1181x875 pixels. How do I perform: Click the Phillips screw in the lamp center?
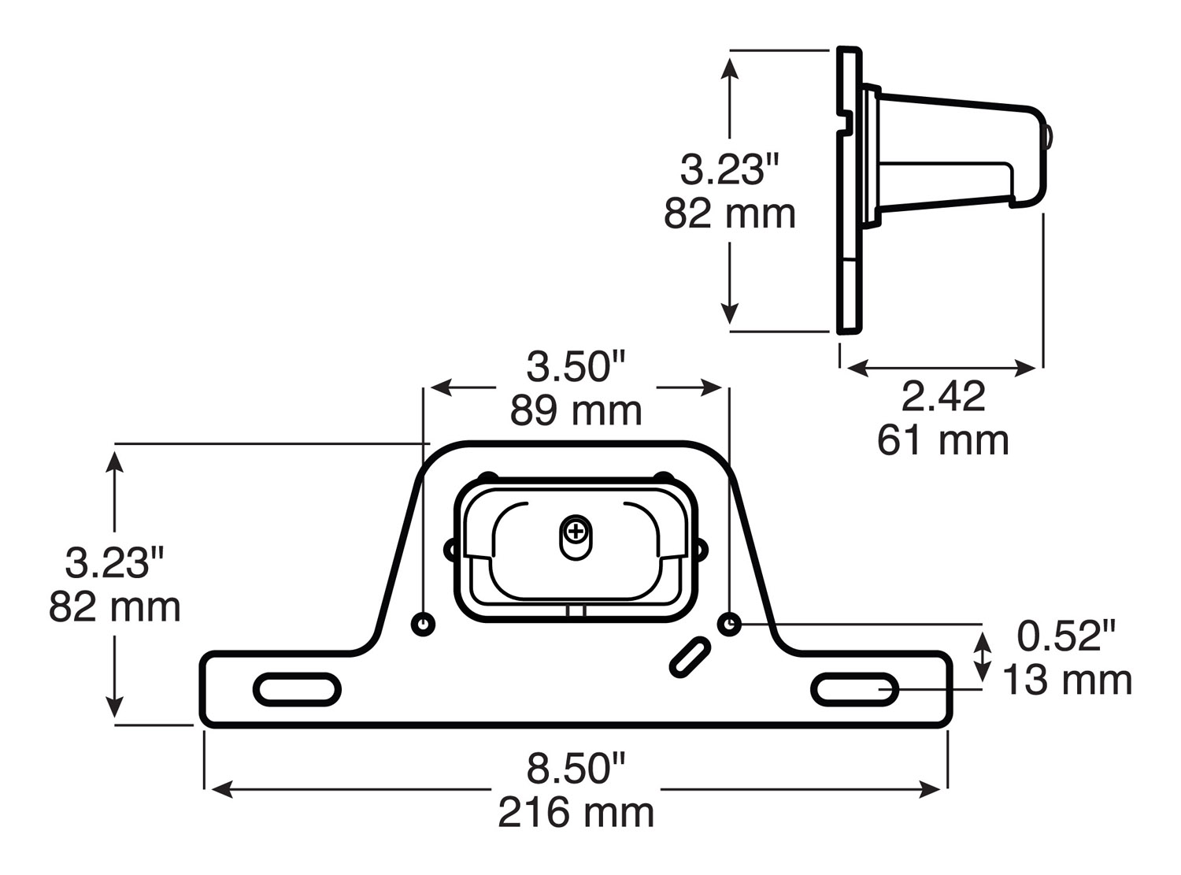[576, 532]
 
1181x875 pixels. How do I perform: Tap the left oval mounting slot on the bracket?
[297, 689]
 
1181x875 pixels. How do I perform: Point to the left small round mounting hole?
[424, 625]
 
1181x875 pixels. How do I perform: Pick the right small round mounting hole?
[729, 625]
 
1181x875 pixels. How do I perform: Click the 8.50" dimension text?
[576, 769]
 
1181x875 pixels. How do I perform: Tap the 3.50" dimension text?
[576, 367]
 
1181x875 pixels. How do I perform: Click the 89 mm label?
[576, 411]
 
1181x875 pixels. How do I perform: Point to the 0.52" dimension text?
[1066, 636]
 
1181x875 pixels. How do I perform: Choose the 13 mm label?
[1066, 680]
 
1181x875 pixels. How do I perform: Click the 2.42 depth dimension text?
[942, 397]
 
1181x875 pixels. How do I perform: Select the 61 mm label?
[942, 440]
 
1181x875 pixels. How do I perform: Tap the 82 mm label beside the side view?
[729, 214]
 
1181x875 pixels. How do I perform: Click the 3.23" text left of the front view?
[114, 564]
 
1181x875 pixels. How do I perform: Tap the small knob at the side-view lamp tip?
[1050, 138]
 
